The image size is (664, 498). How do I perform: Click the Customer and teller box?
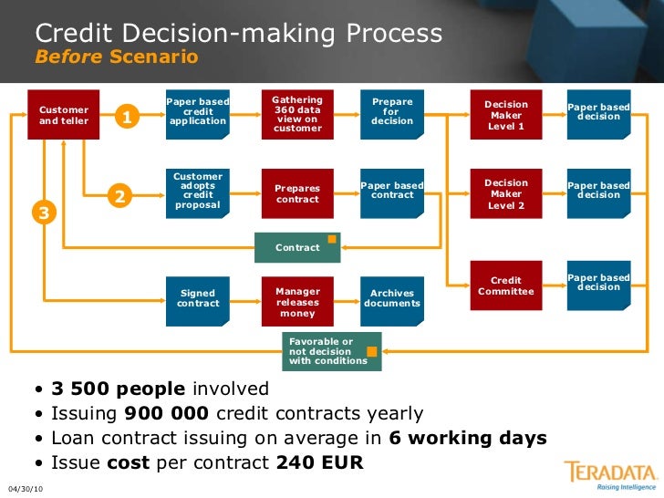64,116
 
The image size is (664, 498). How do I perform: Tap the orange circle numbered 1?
127,117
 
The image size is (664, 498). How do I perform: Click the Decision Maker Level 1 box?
505,115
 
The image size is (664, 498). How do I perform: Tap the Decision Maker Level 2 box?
505,193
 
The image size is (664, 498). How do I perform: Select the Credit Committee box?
505,285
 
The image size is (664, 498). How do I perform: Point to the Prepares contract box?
297,192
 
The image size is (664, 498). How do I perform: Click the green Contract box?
297,247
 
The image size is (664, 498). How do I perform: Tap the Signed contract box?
198,298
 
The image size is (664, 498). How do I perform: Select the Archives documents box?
392,298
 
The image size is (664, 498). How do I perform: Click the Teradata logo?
610,474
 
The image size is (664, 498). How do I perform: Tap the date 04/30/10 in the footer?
26,489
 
